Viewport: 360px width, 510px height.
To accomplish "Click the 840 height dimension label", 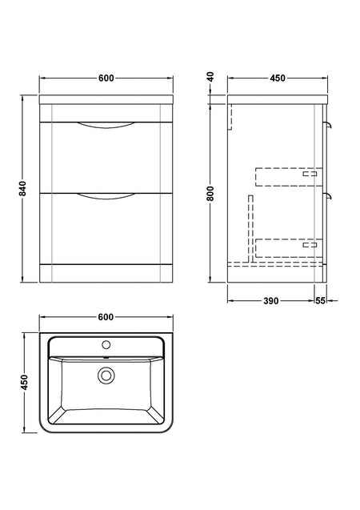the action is coord(22,189).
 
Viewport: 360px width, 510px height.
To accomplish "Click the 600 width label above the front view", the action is coord(106,78).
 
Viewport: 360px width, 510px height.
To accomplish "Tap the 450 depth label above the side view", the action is coord(278,78).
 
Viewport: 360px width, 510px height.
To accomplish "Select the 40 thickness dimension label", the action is coord(210,77).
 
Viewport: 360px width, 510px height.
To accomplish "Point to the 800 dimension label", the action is coord(210,194).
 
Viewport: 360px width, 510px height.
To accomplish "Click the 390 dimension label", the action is coord(271,301).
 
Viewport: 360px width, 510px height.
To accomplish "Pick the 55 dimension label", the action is coord(320,301).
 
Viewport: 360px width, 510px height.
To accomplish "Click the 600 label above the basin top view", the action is coord(106,317).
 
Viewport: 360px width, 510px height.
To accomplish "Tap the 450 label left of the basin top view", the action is coord(25,383).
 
